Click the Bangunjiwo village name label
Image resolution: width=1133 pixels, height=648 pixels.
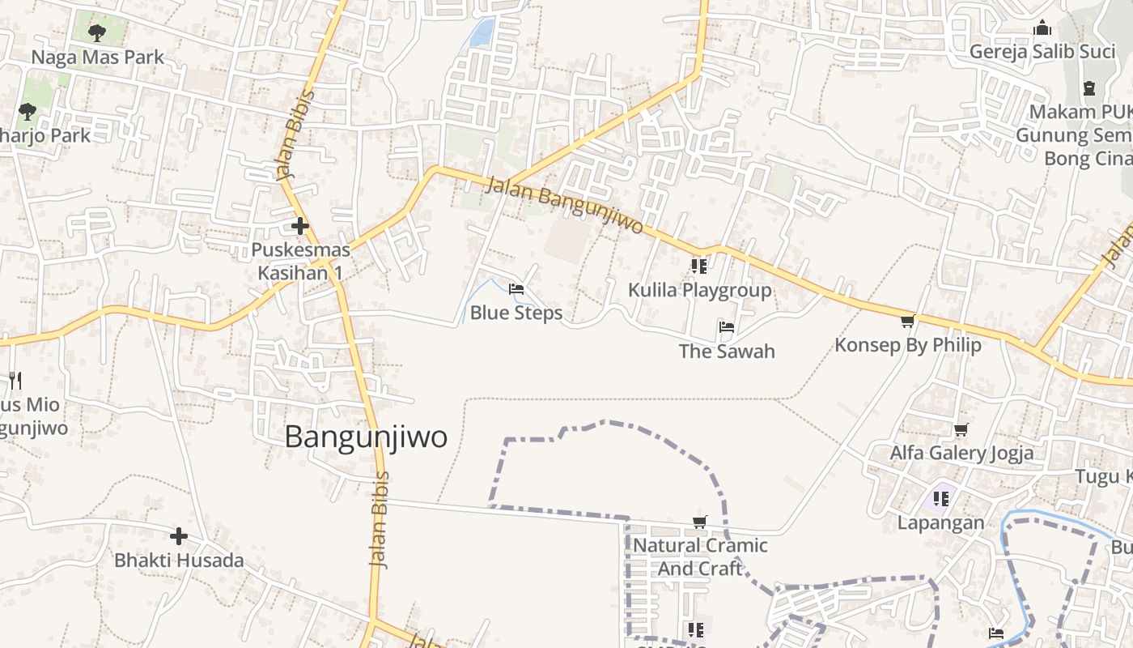pyautogui.click(x=366, y=437)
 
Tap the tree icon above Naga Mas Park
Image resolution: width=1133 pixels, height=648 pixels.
pyautogui.click(x=97, y=33)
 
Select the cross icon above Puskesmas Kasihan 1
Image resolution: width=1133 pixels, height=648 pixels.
pyautogui.click(x=300, y=226)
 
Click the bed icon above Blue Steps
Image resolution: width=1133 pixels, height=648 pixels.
pyautogui.click(x=516, y=288)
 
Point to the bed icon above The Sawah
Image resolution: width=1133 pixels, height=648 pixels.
pyautogui.click(x=727, y=327)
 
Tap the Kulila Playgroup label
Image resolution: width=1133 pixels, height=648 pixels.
pyautogui.click(x=700, y=290)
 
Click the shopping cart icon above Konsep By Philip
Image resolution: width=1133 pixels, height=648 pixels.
pyautogui.click(x=907, y=321)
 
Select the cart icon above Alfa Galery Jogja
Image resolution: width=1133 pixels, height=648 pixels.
pyautogui.click(x=961, y=429)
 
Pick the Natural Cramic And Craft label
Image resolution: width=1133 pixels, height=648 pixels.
pyautogui.click(x=700, y=556)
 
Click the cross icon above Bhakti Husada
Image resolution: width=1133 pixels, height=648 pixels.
pyautogui.click(x=179, y=535)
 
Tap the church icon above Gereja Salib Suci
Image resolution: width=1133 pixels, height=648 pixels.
pyautogui.click(x=1042, y=28)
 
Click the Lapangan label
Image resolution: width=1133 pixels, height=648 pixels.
pyautogui.click(x=941, y=522)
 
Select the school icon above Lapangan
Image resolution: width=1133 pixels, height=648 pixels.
pyautogui.click(x=940, y=498)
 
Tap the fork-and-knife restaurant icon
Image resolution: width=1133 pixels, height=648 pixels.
pyautogui.click(x=15, y=380)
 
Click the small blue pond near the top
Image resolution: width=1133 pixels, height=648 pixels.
pyautogui.click(x=482, y=32)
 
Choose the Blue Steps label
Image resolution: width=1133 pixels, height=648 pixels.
pyautogui.click(x=516, y=313)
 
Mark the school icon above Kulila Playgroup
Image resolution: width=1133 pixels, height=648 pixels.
pyautogui.click(x=699, y=266)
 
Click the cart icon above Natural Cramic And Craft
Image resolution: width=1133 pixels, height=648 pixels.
pyautogui.click(x=700, y=522)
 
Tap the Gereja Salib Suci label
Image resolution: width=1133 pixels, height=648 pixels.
pyautogui.click(x=1042, y=52)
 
